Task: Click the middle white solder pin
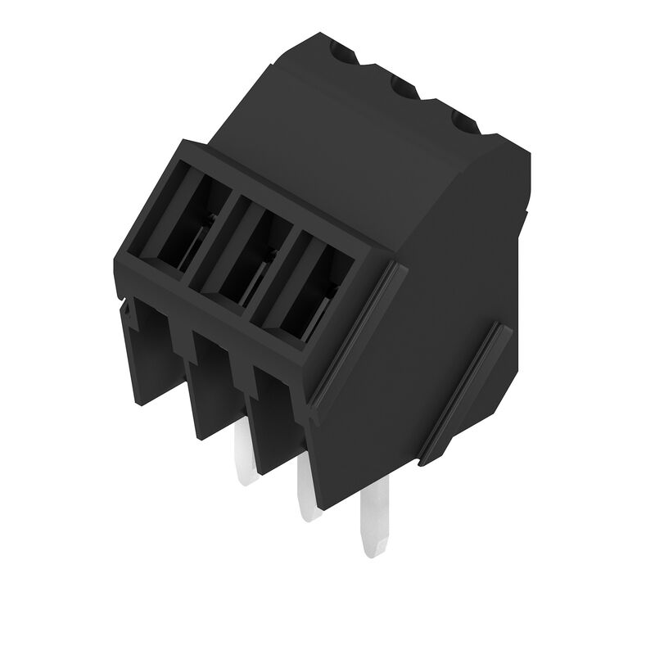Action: (308, 491)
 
